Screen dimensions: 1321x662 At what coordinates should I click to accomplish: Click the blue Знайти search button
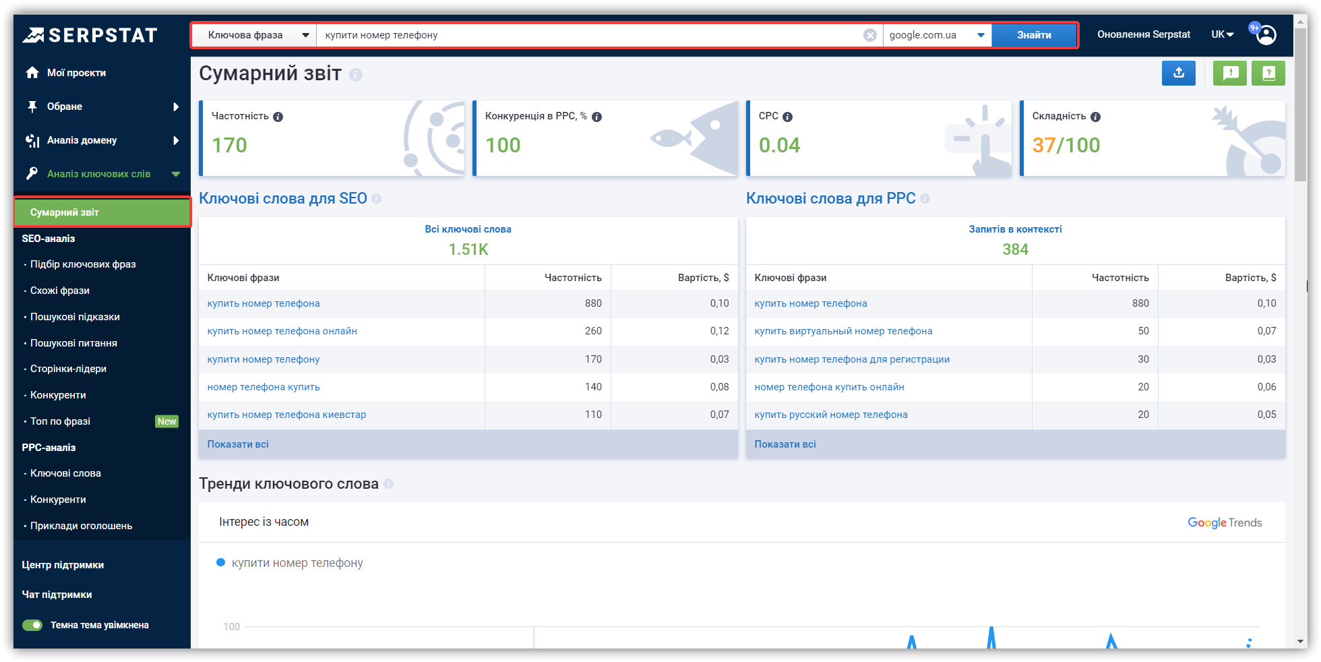(x=1034, y=35)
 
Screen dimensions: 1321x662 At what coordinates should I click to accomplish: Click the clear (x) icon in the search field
(x=870, y=35)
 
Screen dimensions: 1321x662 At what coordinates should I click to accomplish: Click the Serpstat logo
(x=90, y=35)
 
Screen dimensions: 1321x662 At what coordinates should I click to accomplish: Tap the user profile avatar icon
(x=1266, y=34)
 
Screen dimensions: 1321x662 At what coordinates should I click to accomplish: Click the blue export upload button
(x=1179, y=73)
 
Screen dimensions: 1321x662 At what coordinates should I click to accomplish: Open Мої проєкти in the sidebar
(x=76, y=73)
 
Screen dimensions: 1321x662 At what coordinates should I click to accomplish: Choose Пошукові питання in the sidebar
(x=73, y=343)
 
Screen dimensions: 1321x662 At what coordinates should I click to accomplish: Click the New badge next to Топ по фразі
(x=166, y=421)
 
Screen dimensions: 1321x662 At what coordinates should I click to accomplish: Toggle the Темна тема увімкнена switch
(x=32, y=625)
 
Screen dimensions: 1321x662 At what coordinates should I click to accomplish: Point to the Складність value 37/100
(x=1066, y=145)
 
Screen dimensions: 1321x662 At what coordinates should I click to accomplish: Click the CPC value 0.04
(x=779, y=145)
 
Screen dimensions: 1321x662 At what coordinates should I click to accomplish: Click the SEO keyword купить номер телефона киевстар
(x=286, y=415)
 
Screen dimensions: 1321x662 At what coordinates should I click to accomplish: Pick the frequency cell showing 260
(x=593, y=331)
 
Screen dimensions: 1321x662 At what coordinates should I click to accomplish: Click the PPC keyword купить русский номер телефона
(x=831, y=415)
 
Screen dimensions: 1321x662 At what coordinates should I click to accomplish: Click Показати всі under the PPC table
(x=785, y=444)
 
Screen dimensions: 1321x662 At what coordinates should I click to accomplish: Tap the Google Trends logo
(x=1225, y=522)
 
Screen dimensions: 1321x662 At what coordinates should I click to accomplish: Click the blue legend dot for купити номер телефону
(x=220, y=562)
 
